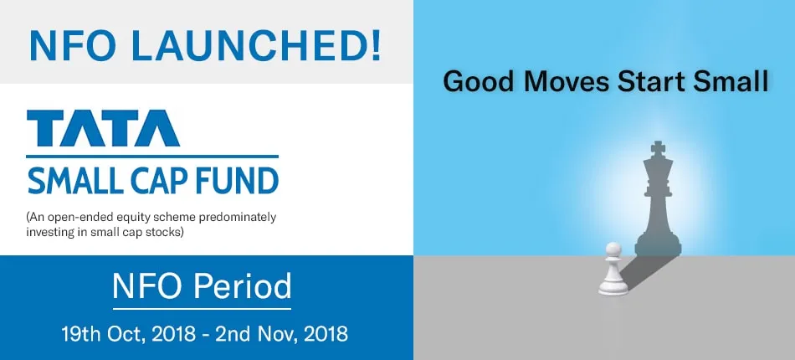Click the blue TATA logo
(104, 128)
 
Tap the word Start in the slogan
(645, 82)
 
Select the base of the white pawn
(613, 288)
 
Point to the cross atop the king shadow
(658, 148)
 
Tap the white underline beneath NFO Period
(203, 308)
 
